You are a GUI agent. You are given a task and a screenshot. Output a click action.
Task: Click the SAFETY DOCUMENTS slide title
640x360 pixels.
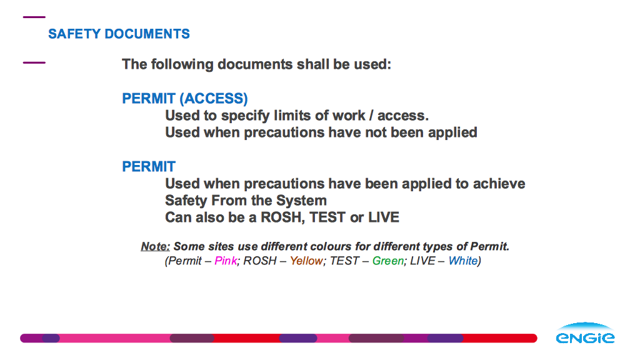point(119,34)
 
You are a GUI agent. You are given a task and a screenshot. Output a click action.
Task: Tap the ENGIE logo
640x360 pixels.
point(585,333)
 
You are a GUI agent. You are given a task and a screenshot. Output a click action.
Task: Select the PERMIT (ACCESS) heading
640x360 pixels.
point(185,99)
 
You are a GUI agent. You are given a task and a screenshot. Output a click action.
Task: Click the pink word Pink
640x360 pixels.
point(226,261)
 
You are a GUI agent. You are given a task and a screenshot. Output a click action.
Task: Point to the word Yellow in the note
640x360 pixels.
point(306,261)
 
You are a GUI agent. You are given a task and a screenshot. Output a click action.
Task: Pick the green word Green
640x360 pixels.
point(387,261)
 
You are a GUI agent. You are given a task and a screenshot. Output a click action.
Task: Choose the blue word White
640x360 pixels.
point(463,261)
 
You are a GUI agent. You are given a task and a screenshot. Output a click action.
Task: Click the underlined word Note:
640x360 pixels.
point(155,246)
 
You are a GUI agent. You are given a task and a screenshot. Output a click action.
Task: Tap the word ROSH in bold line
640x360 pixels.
point(282,217)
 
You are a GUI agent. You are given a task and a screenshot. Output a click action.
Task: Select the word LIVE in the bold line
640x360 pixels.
point(384,217)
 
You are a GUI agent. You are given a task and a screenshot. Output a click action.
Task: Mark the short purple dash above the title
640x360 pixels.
point(34,17)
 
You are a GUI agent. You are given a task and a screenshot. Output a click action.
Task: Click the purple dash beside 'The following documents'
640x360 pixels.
point(34,63)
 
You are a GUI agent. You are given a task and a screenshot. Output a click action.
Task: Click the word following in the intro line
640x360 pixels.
point(182,64)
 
